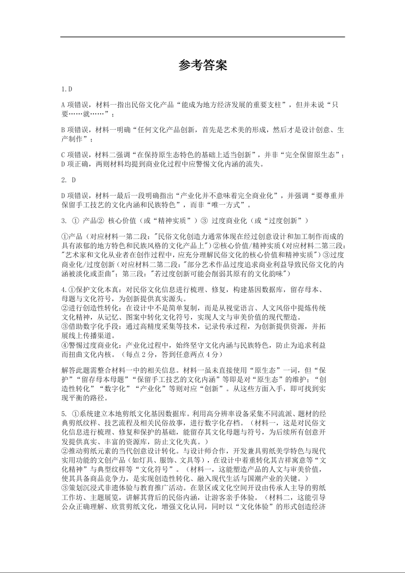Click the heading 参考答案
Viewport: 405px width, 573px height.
click(203, 65)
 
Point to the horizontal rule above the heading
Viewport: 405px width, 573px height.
click(203, 37)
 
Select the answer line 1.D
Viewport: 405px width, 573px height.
click(67, 89)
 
